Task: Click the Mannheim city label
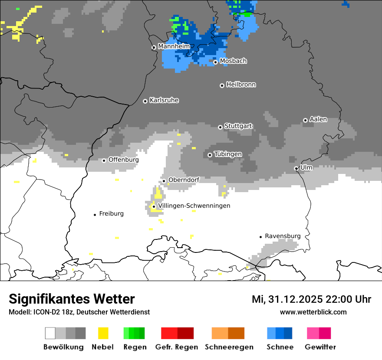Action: click(174, 46)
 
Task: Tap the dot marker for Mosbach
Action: click(215, 62)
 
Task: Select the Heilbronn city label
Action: click(241, 85)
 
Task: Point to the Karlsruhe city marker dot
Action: click(145, 101)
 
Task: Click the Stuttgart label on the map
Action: click(238, 126)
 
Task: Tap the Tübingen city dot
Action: click(210, 155)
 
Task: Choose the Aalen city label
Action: click(318, 119)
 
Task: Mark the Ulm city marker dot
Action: click(296, 168)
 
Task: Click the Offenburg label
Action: click(124, 160)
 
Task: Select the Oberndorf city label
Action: click(184, 180)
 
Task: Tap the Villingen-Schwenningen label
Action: click(194, 206)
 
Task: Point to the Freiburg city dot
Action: click(95, 215)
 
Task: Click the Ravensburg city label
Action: click(283, 236)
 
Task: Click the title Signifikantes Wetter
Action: click(72, 299)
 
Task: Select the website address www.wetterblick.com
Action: click(313, 312)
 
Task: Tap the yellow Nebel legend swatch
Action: click(103, 333)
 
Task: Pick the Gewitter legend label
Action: click(320, 347)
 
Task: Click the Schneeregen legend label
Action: click(229, 347)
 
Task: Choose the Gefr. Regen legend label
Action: click(177, 347)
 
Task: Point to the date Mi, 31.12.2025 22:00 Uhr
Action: click(311, 299)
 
